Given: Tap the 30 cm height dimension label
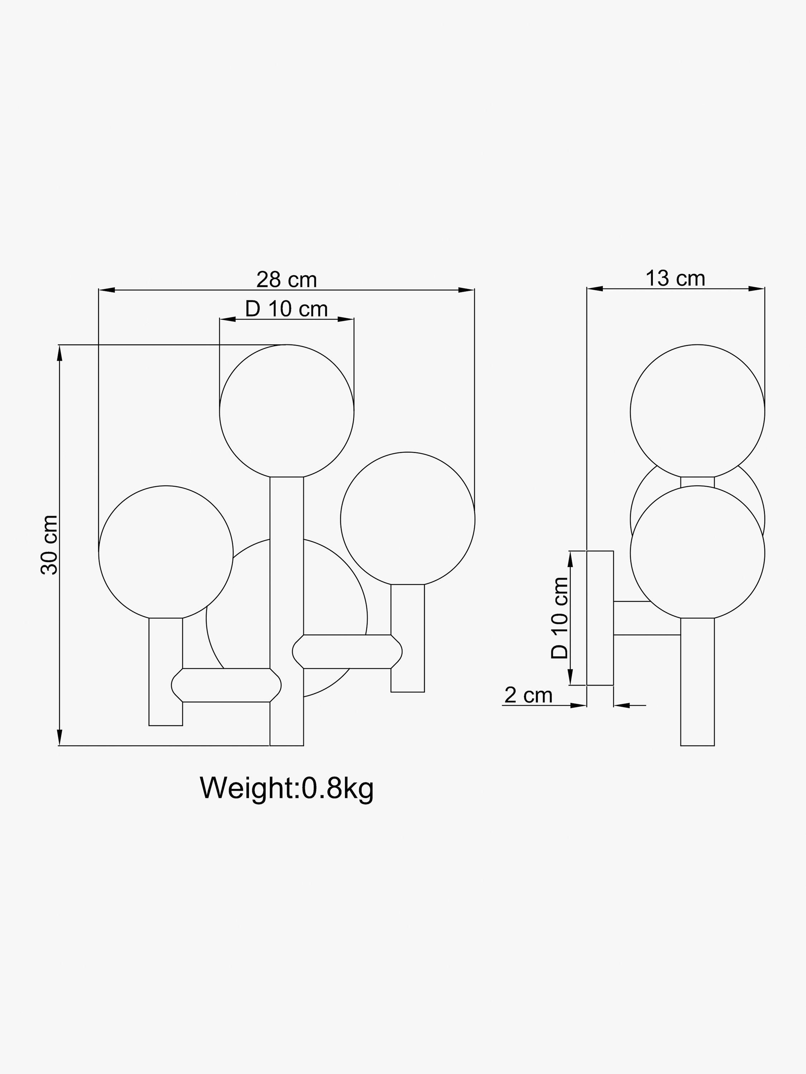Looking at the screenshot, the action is pos(49,545).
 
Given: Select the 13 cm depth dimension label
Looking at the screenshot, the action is pos(675,279).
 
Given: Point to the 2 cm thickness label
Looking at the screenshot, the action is pos(529,695).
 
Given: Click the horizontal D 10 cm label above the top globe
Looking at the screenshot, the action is pos(286,309).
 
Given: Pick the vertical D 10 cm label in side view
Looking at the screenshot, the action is pos(559,618).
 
